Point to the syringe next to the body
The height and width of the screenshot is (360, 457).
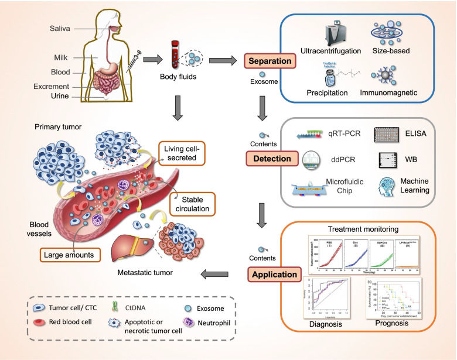(x=133, y=60)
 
